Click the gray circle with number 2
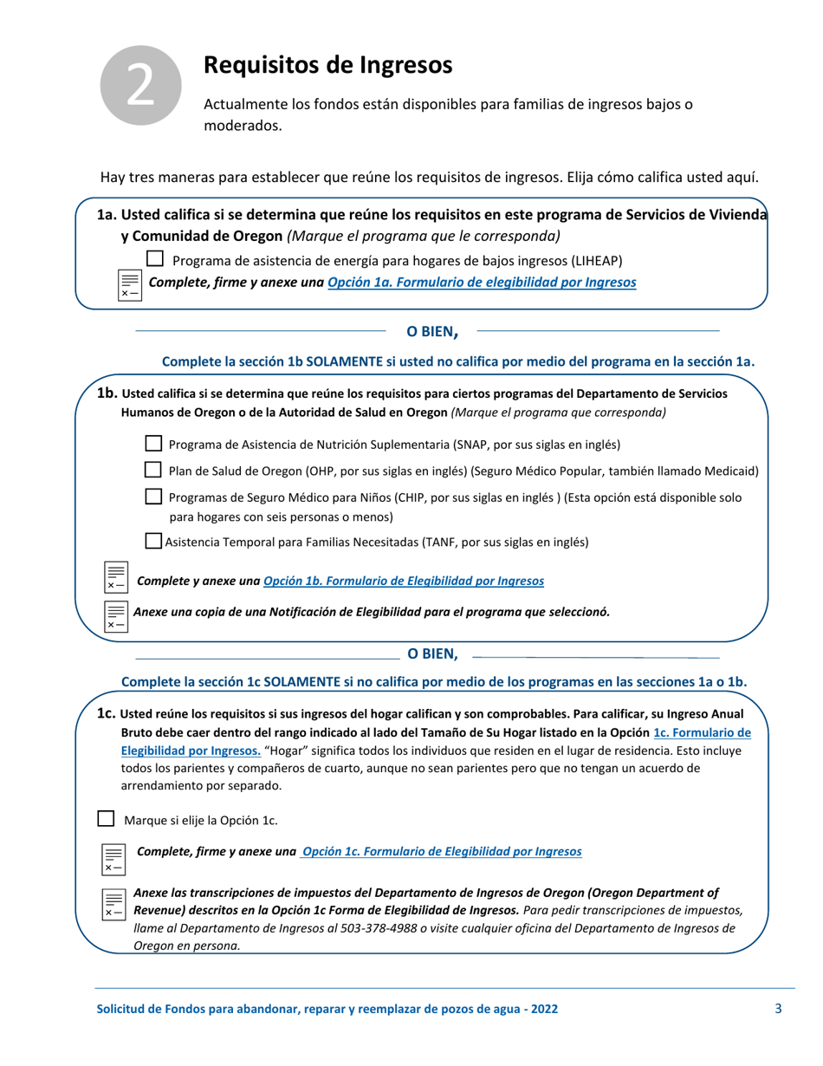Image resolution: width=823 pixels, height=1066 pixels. tap(141, 84)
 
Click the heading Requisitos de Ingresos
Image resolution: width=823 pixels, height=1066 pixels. tap(327, 64)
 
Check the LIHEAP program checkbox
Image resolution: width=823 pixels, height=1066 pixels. tap(155, 258)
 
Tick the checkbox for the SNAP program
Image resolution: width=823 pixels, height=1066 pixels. tap(153, 444)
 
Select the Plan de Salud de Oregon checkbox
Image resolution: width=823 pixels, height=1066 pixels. tap(153, 471)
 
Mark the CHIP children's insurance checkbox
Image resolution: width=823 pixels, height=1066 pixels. tap(153, 497)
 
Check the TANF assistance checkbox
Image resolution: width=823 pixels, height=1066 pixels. tap(153, 542)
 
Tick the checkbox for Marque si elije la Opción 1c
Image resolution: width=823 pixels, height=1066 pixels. tap(106, 818)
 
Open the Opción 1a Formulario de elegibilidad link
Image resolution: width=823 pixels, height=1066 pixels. tap(482, 282)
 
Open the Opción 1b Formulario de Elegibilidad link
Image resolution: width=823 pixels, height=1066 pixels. tap(403, 580)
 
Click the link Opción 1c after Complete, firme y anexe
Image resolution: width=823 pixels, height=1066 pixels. tap(441, 851)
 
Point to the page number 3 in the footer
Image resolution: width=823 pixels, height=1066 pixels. tap(778, 1008)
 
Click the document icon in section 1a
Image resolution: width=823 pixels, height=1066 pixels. tap(129, 283)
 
